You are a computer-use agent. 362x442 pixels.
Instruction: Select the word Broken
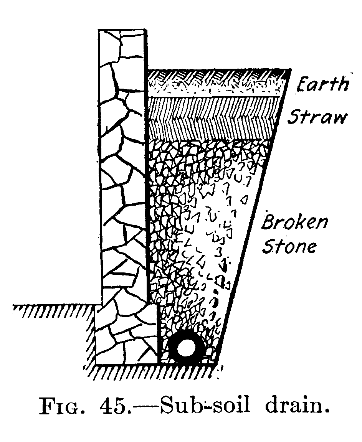pyautogui.click(x=295, y=222)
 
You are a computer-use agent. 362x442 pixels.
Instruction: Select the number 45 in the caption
pyautogui.click(x=111, y=406)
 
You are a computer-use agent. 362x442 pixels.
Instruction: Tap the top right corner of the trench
pyautogui.click(x=288, y=70)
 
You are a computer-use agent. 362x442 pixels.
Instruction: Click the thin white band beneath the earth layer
pyautogui.click(x=215, y=94)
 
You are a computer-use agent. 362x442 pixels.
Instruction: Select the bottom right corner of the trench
pyautogui.click(x=217, y=364)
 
